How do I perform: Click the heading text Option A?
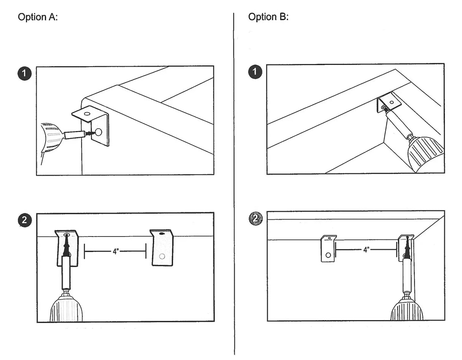pos(38,17)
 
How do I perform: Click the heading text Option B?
pos(268,17)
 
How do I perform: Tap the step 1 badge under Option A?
pos(25,73)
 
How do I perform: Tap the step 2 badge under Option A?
pos(25,220)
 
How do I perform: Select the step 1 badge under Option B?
pos(255,72)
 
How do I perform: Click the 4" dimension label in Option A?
pos(115,252)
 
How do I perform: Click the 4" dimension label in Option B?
pos(366,250)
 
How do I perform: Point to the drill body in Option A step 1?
pos(51,138)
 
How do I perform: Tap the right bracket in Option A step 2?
pos(162,248)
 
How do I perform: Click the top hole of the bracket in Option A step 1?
pos(87,114)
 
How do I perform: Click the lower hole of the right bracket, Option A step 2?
pos(162,256)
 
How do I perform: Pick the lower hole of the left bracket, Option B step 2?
pos(328,255)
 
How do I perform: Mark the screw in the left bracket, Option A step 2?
pos(67,246)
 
